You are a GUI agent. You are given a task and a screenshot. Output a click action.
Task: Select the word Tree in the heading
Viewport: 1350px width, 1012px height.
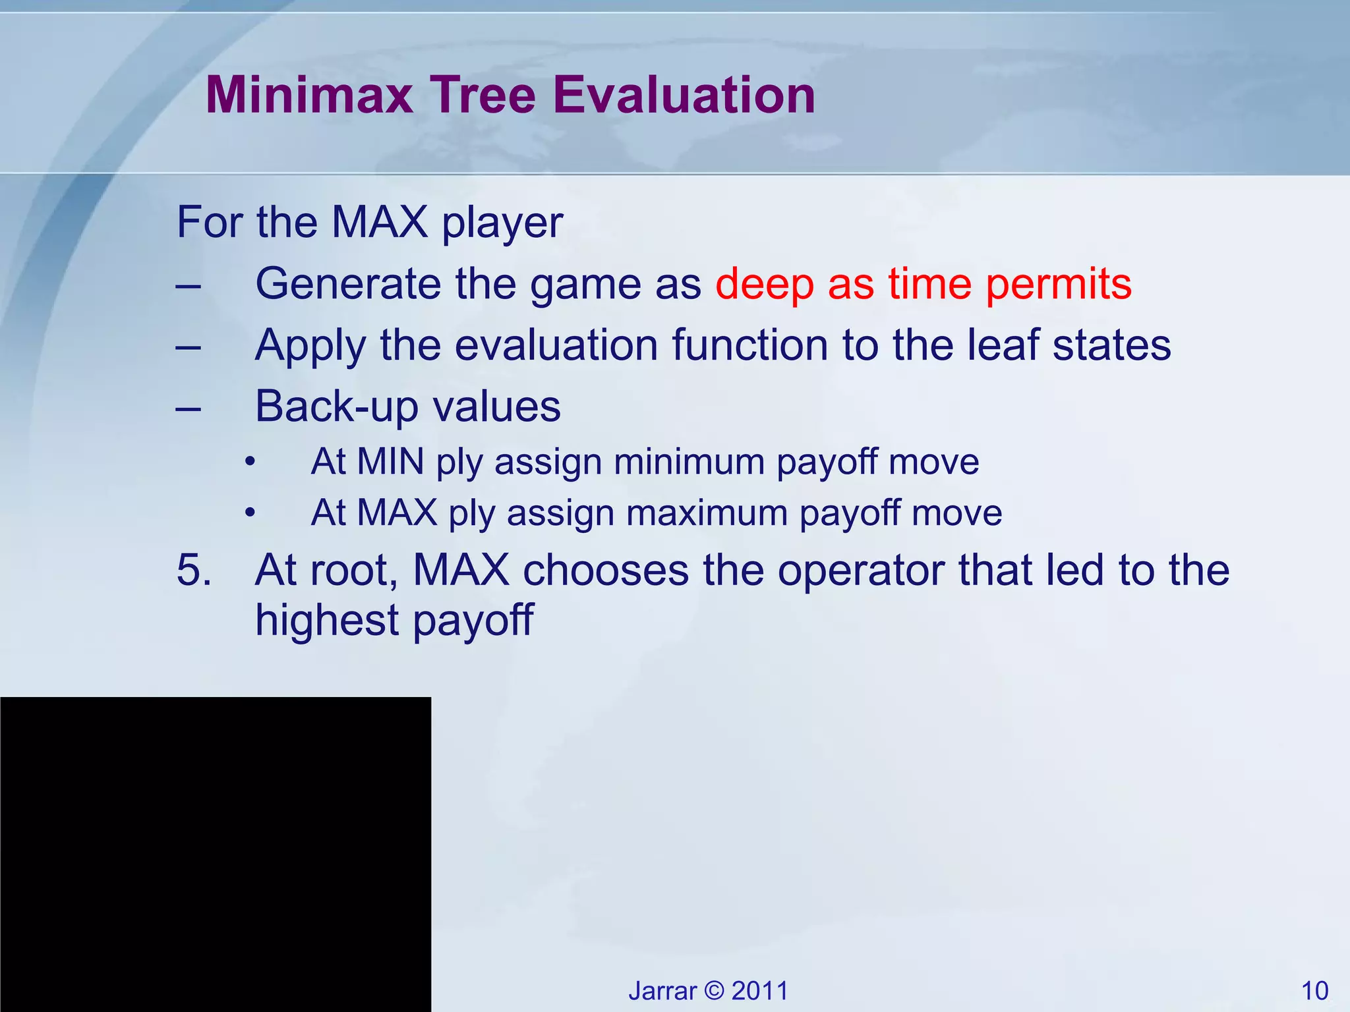point(483,96)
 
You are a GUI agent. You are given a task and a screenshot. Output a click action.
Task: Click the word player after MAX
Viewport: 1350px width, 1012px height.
point(502,223)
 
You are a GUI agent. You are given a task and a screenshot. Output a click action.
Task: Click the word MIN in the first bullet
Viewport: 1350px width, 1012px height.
point(390,461)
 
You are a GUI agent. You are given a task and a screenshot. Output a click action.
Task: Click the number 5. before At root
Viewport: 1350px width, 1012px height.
point(194,570)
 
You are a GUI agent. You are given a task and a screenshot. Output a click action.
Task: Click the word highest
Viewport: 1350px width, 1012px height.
point(327,621)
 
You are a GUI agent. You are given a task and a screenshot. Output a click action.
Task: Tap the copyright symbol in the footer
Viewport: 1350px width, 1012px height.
point(714,991)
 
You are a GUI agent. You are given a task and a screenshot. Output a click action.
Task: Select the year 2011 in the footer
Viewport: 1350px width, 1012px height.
point(759,991)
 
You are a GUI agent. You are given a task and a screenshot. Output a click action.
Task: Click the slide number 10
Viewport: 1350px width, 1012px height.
point(1314,991)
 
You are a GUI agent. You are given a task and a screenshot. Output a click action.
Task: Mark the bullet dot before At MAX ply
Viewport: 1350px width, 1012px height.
point(249,513)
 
